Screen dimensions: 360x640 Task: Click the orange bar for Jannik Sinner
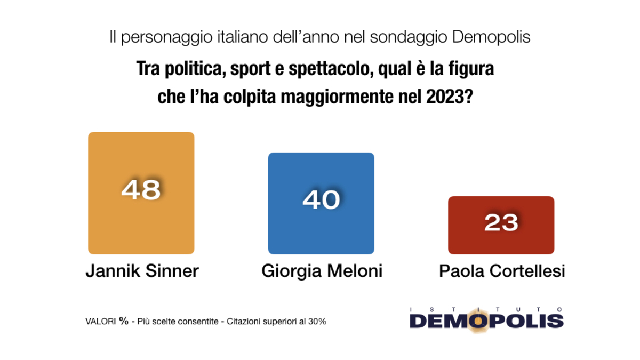(141, 224)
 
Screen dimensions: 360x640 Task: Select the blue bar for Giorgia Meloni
(321, 235)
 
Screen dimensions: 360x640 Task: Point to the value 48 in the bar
(141, 189)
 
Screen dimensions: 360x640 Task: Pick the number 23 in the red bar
(501, 222)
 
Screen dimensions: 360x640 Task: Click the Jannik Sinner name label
(142, 271)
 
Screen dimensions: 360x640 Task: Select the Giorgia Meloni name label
(322, 271)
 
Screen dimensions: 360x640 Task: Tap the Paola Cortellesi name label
(502, 271)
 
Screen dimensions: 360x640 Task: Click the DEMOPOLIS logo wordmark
(486, 321)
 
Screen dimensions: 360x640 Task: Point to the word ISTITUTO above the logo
(486, 309)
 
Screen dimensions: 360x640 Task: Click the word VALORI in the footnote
(101, 322)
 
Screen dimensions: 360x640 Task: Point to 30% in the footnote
(316, 322)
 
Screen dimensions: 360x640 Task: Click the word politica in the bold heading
(193, 70)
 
